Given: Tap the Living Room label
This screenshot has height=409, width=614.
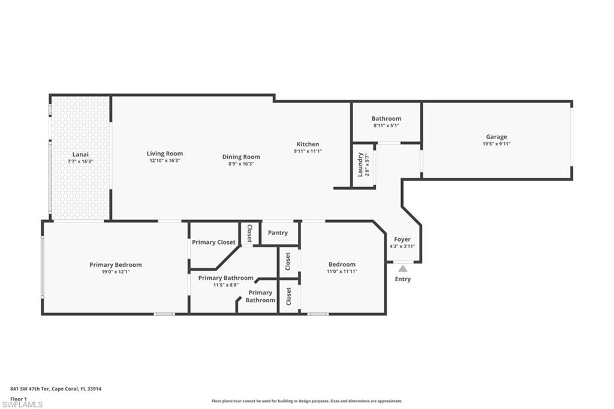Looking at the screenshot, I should (x=164, y=154).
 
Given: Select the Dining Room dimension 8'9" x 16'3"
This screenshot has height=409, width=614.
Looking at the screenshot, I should (x=241, y=164).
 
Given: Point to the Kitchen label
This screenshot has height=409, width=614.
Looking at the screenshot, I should (x=308, y=144).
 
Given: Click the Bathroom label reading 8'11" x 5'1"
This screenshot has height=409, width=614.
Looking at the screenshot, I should (x=386, y=119).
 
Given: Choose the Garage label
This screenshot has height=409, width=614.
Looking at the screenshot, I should (x=496, y=137).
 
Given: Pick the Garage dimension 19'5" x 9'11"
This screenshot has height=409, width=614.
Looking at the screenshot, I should (x=496, y=144).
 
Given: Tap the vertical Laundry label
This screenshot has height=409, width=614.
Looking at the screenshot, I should (x=360, y=164).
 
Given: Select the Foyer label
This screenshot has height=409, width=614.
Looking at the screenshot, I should (x=402, y=239).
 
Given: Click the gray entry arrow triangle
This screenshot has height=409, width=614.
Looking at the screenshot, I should (x=403, y=269).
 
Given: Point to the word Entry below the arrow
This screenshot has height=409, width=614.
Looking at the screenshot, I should (x=403, y=279).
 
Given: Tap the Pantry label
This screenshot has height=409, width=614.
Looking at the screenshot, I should (x=278, y=233).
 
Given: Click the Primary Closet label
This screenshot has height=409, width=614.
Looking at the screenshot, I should (x=213, y=242).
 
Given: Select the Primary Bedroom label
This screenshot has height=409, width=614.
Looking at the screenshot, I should (x=116, y=264).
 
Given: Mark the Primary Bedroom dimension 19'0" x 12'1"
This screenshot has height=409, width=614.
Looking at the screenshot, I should (x=116, y=272).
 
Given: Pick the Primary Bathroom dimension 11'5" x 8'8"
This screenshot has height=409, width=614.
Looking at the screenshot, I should (x=225, y=285).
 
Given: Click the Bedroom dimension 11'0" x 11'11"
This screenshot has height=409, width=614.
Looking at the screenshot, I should (x=342, y=272).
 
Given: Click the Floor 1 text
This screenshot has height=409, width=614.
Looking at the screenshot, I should (x=19, y=398).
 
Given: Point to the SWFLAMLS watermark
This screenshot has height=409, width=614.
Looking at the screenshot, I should (x=23, y=405).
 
